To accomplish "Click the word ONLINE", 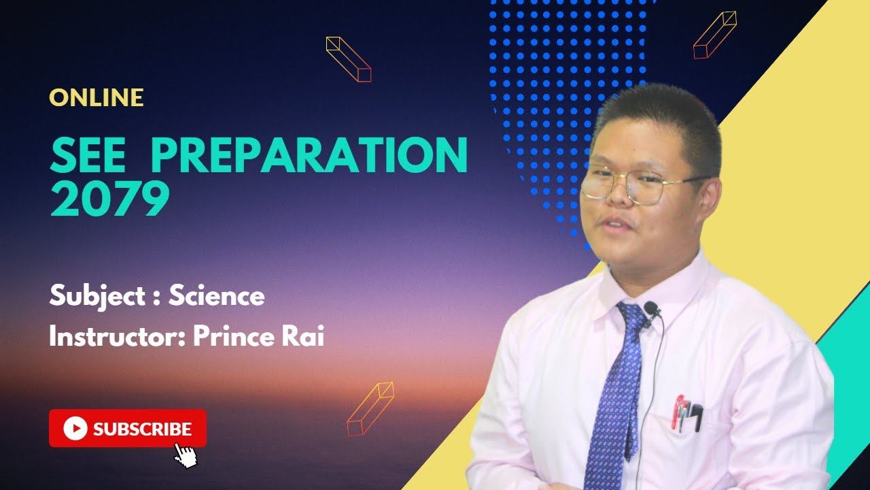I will click(97, 97).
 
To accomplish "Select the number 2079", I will click(109, 199).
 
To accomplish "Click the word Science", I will click(216, 296).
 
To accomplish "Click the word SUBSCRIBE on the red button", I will click(142, 429).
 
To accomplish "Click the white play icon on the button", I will click(75, 429).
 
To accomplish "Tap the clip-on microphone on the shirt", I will click(652, 310).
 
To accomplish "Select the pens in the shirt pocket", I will click(686, 413).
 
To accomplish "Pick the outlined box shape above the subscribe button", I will click(370, 408).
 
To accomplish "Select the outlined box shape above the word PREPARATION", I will click(349, 59).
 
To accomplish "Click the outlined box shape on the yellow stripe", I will click(714, 35).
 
